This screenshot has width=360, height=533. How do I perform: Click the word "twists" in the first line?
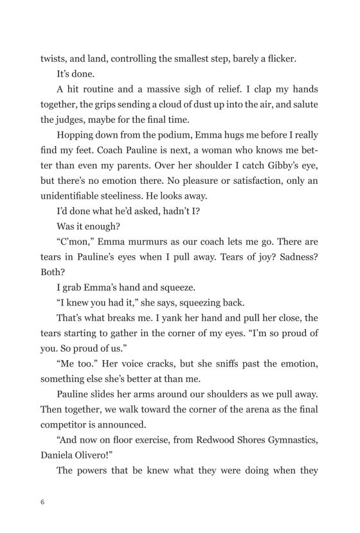click(x=53, y=58)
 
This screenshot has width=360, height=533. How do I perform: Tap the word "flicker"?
click(x=278, y=58)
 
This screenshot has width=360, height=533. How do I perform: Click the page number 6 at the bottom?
click(x=42, y=502)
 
